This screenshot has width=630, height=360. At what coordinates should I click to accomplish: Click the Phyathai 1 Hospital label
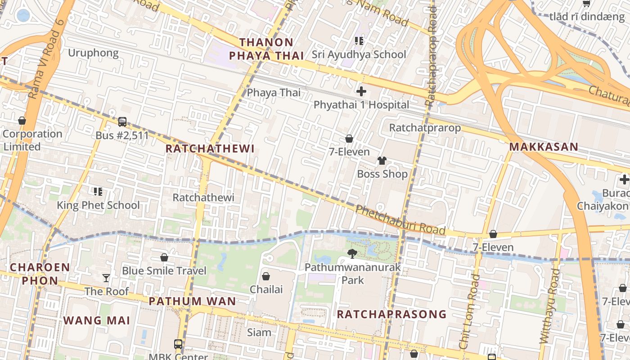tap(361, 105)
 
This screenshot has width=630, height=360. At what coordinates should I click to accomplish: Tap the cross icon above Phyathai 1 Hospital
tap(361, 91)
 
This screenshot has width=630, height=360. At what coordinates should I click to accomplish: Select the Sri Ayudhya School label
tap(359, 54)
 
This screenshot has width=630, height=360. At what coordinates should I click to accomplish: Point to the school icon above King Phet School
tap(98, 192)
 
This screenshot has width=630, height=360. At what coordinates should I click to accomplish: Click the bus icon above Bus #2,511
tap(122, 122)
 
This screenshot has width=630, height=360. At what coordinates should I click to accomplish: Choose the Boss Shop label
tap(382, 174)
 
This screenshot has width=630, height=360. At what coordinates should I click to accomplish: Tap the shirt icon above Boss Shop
tap(382, 161)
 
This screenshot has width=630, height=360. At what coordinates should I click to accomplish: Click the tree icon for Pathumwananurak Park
tap(352, 254)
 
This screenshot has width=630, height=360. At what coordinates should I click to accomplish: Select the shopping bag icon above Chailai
tap(266, 276)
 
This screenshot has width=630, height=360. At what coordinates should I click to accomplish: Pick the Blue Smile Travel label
tap(164, 270)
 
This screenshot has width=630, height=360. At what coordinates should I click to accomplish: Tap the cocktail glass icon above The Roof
tap(106, 278)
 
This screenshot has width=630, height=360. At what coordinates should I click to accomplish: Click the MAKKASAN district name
tap(544, 147)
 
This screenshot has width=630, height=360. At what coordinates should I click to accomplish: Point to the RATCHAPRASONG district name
tap(391, 314)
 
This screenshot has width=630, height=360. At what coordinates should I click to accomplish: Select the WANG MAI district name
tap(97, 320)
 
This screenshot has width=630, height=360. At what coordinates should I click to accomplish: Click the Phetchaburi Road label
tap(400, 220)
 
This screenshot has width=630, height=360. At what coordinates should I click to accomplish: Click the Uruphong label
tap(93, 53)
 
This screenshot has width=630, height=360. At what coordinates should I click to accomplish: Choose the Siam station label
tap(259, 333)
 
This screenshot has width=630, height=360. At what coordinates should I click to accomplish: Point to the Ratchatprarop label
tap(425, 128)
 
